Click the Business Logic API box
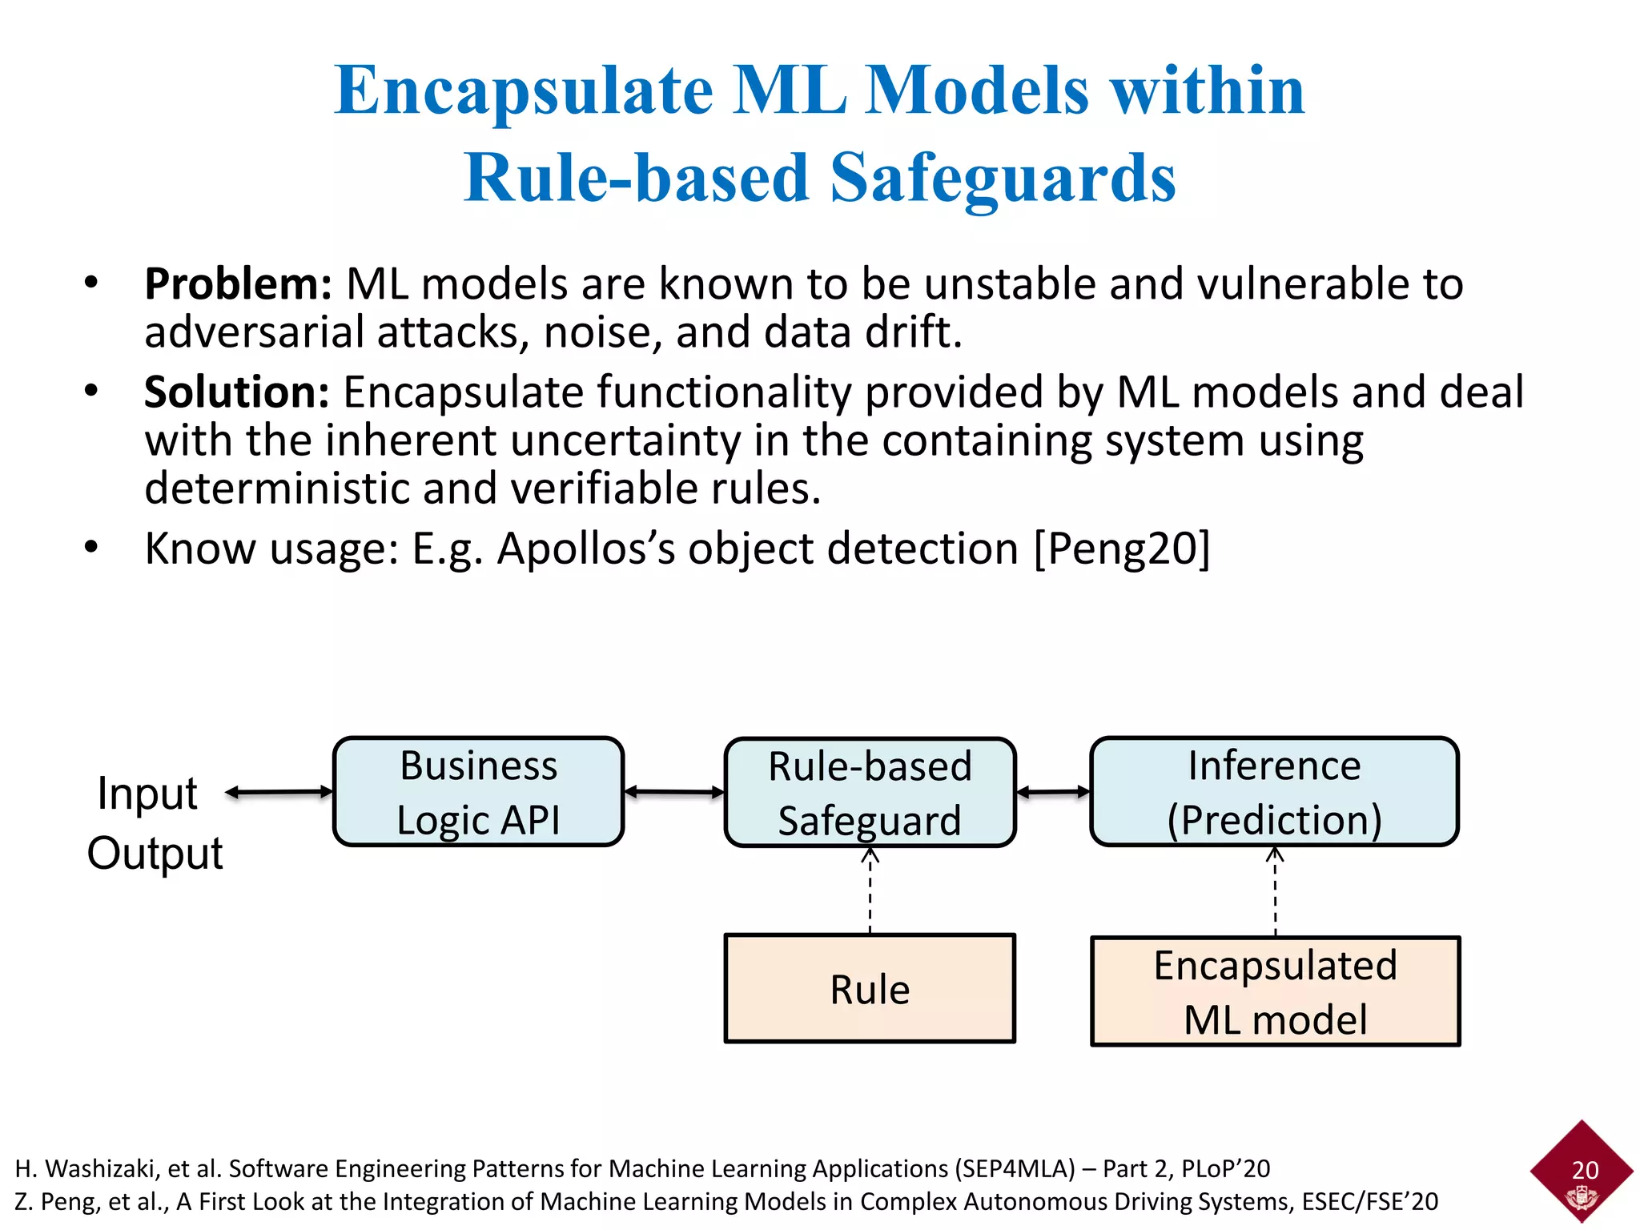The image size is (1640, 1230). pyautogui.click(x=478, y=792)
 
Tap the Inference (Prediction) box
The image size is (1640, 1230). pyautogui.click(x=1274, y=792)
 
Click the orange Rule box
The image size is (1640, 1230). pyautogui.click(x=870, y=988)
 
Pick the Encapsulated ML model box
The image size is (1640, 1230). pyautogui.click(x=1275, y=991)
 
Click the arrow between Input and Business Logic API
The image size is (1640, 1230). pyautogui.click(x=279, y=793)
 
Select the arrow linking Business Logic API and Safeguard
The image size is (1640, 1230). pyautogui.click(x=673, y=793)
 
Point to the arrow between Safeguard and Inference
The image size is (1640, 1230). pyautogui.click(x=1052, y=793)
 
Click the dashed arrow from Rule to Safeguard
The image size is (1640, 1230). pyautogui.click(x=870, y=890)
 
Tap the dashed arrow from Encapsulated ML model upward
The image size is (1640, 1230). pyautogui.click(x=1275, y=891)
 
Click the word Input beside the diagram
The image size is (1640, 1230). pyautogui.click(x=147, y=794)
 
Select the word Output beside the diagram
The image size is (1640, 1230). pyautogui.click(x=155, y=853)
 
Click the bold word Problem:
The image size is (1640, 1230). pyautogui.click(x=238, y=284)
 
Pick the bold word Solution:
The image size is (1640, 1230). pyautogui.click(x=236, y=392)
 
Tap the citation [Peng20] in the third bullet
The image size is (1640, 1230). pyautogui.click(x=1122, y=549)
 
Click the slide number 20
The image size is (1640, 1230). pyautogui.click(x=1585, y=1170)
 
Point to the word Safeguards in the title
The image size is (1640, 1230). pyautogui.click(x=1003, y=178)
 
